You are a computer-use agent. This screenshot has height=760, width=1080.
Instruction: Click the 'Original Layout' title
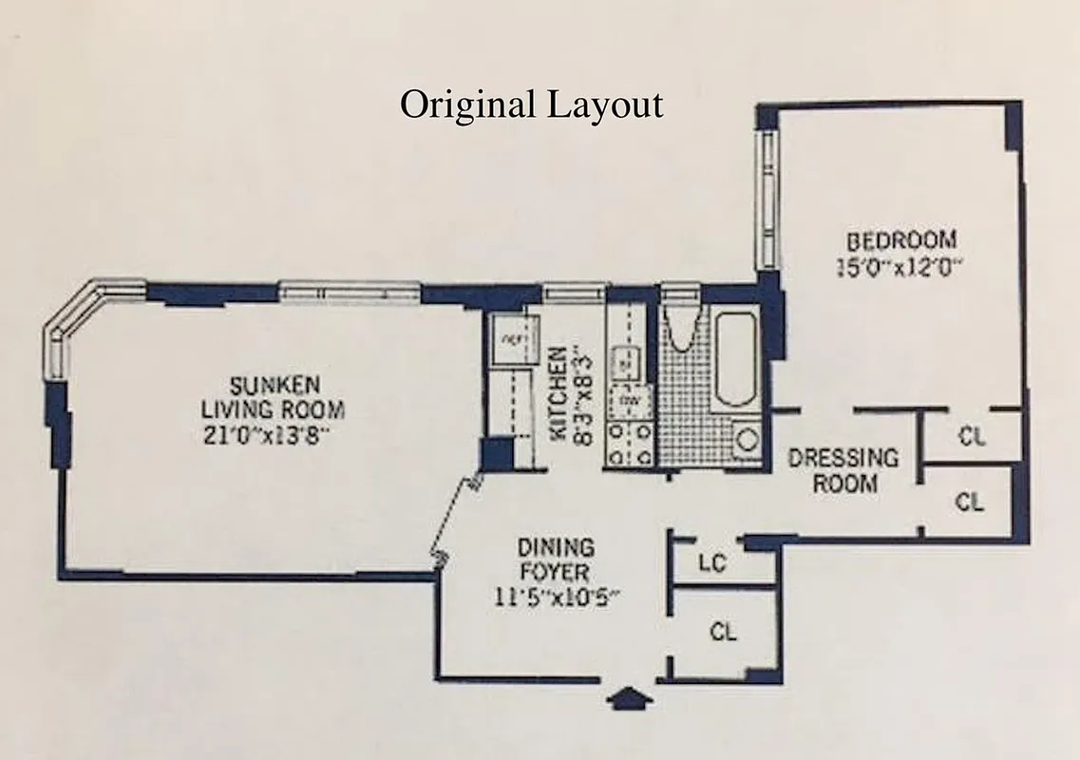click(531, 104)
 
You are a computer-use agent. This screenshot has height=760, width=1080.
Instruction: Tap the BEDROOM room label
click(900, 239)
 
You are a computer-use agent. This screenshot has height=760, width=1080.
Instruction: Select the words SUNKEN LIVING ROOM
click(273, 398)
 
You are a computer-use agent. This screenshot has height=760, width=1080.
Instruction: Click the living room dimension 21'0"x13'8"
click(273, 436)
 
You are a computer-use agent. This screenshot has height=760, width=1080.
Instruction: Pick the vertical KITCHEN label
click(559, 393)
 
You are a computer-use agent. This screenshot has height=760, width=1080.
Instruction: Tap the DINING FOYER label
click(556, 560)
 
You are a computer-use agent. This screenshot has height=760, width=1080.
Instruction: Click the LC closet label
click(712, 563)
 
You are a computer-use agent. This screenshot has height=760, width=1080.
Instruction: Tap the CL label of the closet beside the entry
click(724, 631)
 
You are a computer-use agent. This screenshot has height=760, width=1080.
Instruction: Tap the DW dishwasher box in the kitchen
click(628, 402)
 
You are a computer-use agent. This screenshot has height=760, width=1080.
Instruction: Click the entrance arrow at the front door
click(630, 701)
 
